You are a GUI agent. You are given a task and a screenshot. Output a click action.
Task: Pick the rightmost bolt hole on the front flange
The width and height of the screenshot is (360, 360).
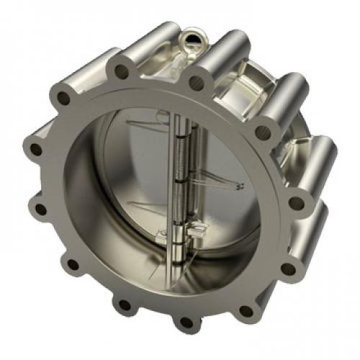pyautogui.click(x=296, y=203)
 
